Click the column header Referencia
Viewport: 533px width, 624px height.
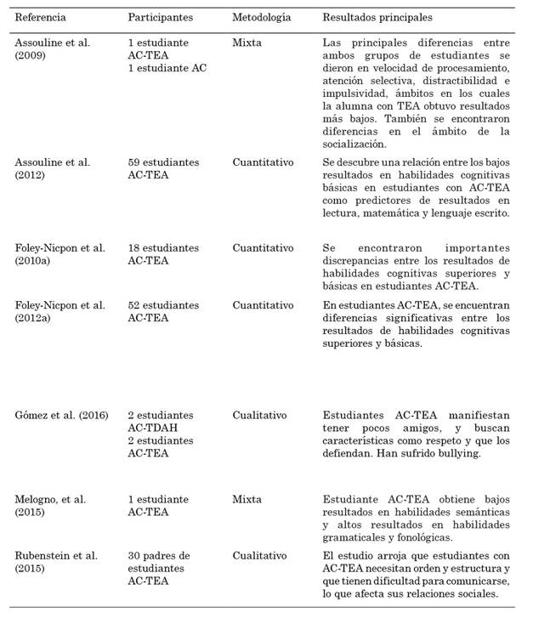(41, 17)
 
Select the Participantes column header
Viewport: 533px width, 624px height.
(160, 17)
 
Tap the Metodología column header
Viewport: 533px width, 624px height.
(262, 17)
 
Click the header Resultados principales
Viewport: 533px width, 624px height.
(377, 17)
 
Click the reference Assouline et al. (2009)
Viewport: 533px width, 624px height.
(53, 48)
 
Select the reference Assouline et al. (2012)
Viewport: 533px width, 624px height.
(53, 168)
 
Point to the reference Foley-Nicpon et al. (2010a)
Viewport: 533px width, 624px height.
(60, 254)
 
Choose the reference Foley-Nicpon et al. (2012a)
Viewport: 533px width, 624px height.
(60, 311)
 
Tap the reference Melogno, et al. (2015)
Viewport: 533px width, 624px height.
(51, 506)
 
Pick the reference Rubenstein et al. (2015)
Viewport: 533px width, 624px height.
(56, 562)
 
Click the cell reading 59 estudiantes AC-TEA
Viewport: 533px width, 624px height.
(163, 168)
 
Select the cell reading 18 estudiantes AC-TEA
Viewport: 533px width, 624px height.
(163, 254)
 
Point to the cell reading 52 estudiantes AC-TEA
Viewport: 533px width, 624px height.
(163, 311)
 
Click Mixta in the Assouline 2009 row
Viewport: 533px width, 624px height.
(247, 43)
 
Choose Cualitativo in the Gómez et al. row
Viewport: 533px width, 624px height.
(259, 416)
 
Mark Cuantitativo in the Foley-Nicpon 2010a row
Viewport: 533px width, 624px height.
(264, 248)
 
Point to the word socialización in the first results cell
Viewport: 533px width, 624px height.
(360, 145)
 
